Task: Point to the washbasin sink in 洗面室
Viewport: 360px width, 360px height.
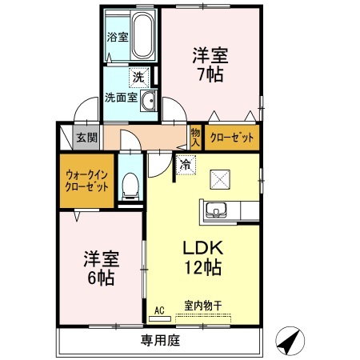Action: pos(148,100)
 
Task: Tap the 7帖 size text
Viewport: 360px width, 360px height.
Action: pos(210,74)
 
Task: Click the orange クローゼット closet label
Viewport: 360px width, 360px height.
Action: pos(232,138)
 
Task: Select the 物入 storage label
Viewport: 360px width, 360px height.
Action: pos(195,137)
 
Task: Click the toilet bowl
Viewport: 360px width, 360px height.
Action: pos(129,186)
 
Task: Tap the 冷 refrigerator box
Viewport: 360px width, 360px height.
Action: pos(186,165)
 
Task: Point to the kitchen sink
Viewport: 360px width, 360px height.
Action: pos(217,211)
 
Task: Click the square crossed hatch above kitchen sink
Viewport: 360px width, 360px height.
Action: pos(218,178)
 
